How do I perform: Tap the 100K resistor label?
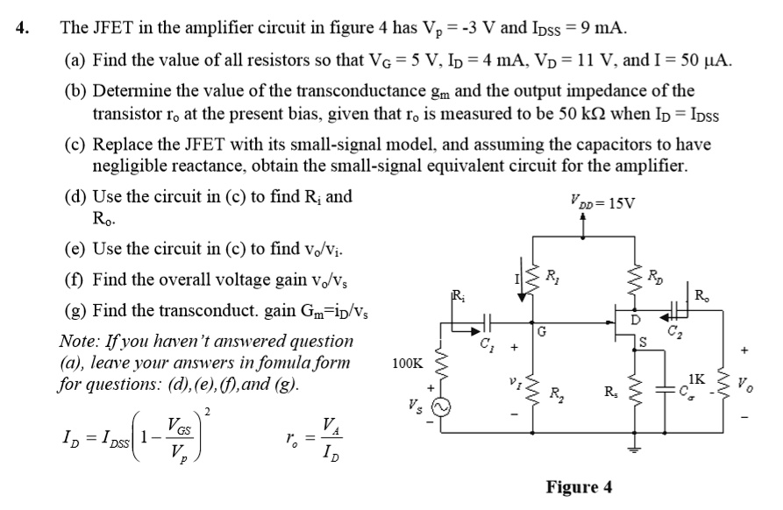[408, 363]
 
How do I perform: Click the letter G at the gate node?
[544, 332]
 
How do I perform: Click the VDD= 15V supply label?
[605, 204]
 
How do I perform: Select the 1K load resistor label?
[697, 379]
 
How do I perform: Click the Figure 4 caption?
[579, 487]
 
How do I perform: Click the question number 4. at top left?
[23, 27]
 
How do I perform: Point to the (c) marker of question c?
[75, 145]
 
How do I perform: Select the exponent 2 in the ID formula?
[207, 411]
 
